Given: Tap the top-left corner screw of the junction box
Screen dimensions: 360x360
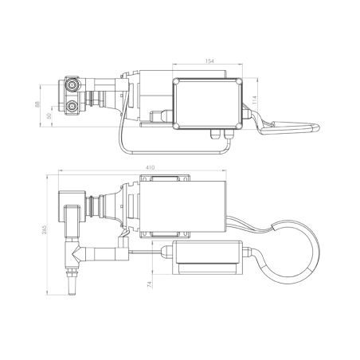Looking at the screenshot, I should click(x=177, y=82).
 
